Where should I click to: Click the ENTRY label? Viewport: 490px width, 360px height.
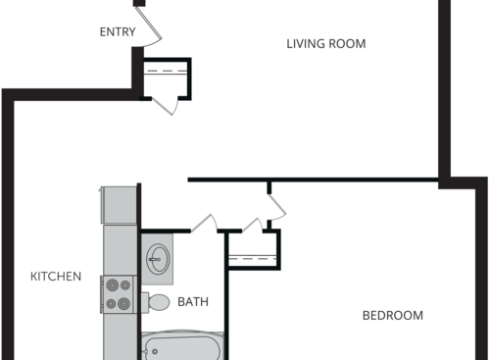[118, 32]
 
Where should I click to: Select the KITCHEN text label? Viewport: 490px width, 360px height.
[56, 277]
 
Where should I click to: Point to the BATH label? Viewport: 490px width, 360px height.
[193, 302]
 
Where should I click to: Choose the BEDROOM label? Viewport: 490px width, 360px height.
[393, 315]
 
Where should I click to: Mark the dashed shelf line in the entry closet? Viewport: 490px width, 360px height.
[166, 72]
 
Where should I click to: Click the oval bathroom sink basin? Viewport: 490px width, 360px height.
[158, 261]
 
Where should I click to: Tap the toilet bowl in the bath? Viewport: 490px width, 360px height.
[160, 302]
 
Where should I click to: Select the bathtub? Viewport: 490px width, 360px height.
[184, 347]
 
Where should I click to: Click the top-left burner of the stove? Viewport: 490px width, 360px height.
[110, 284]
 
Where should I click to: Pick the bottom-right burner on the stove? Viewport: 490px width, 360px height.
[124, 303]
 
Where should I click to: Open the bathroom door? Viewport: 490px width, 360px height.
[205, 223]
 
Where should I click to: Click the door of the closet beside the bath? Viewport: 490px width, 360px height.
[276, 207]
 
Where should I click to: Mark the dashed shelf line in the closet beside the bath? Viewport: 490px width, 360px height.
[253, 257]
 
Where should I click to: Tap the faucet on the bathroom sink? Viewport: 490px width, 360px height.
[150, 261]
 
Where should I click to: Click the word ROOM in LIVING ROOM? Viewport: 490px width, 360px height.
[349, 43]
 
